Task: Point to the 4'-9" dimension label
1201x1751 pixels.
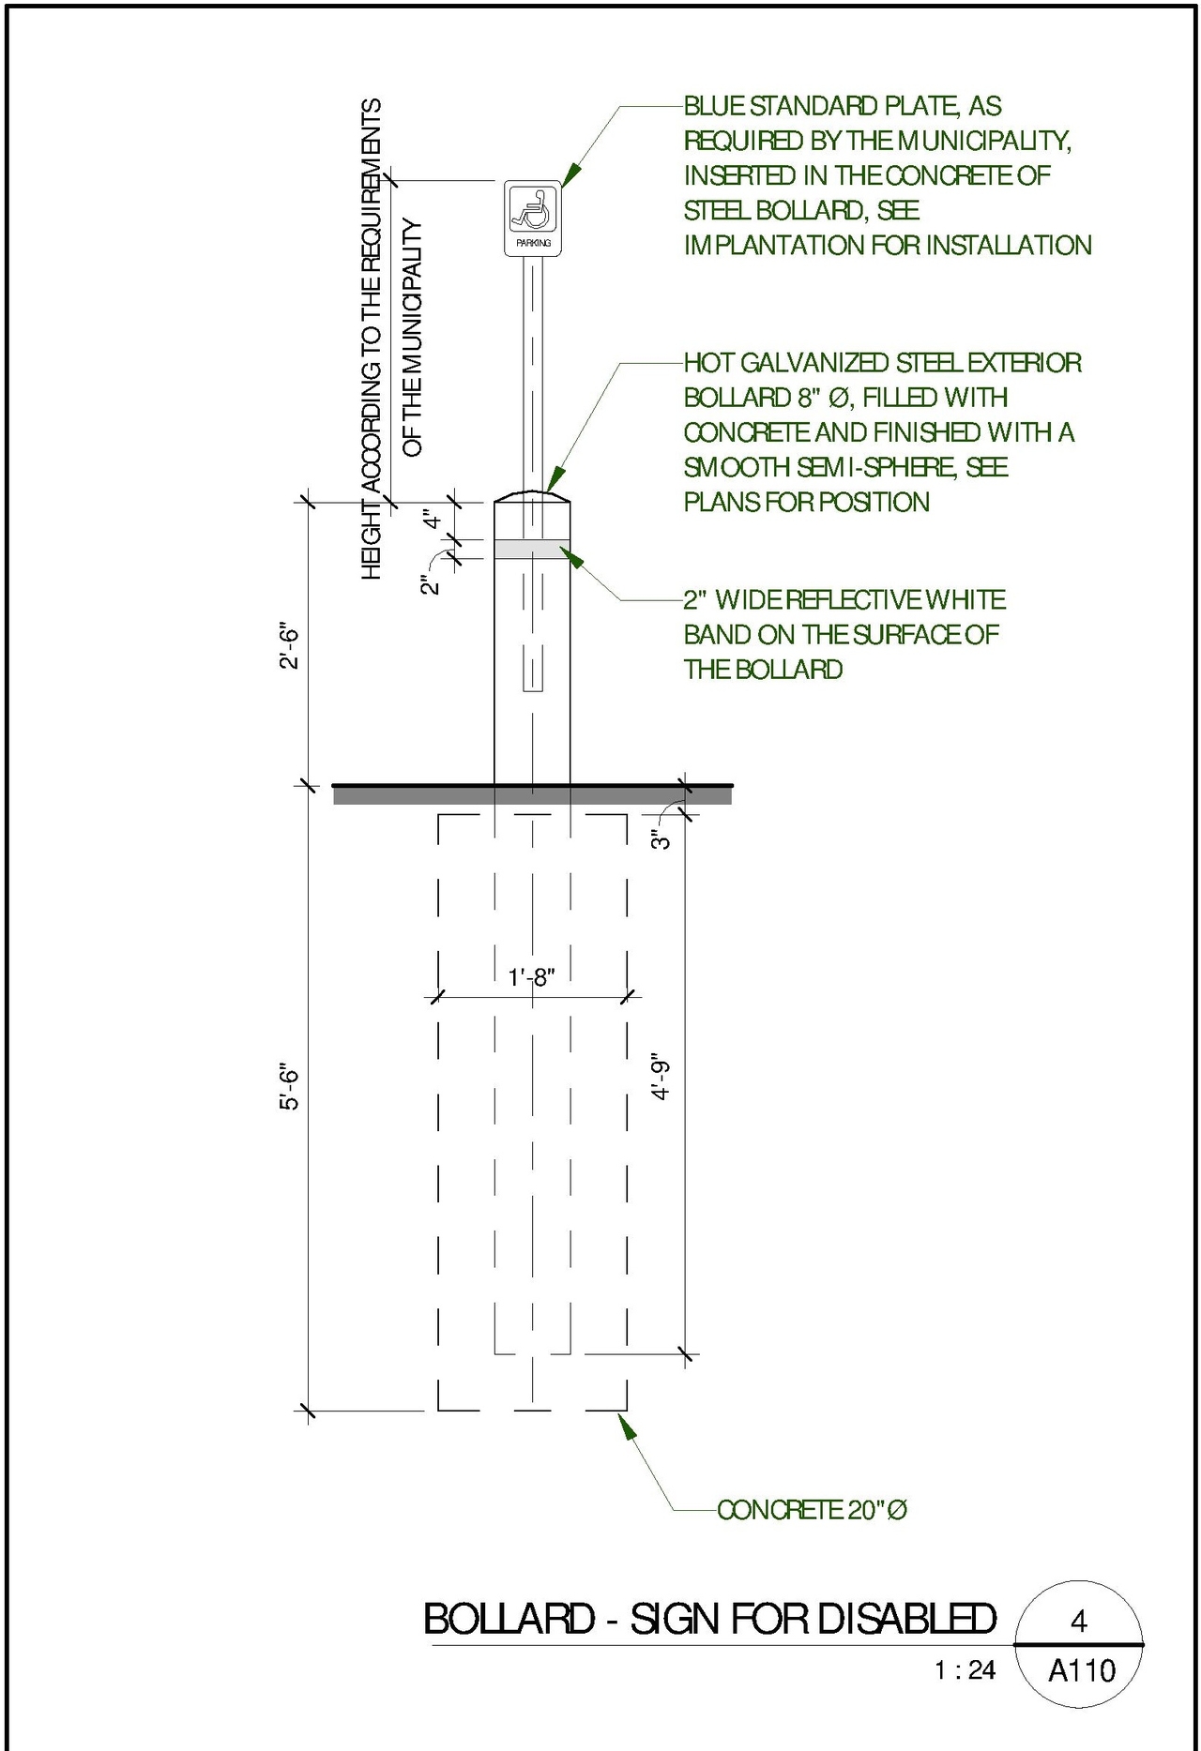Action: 661,1079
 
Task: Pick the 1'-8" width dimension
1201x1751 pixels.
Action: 532,978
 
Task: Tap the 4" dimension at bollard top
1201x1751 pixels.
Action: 431,519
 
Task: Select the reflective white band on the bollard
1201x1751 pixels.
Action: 531,549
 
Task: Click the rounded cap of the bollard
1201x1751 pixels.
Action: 532,496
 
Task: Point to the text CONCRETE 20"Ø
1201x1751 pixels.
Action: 812,1510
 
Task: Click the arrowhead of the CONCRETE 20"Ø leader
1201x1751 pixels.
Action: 625,1425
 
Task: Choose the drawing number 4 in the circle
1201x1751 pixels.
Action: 1079,1621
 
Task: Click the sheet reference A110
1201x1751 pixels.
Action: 1081,1670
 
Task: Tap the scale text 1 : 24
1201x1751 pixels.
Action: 965,1670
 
